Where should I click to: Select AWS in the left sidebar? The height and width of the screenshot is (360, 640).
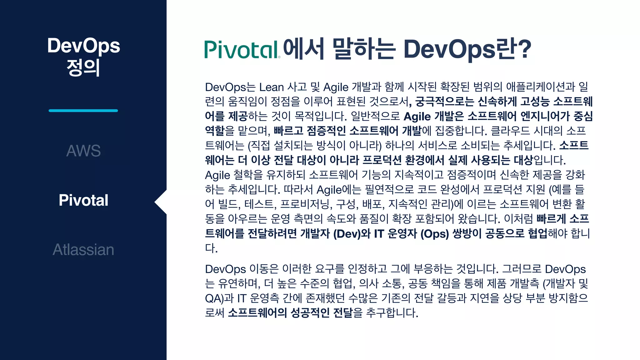pos(83,151)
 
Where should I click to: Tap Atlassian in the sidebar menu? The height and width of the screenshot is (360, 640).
pos(83,250)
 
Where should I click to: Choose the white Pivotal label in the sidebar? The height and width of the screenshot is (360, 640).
pos(83,200)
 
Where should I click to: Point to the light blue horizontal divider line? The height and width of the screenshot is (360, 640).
pos(83,111)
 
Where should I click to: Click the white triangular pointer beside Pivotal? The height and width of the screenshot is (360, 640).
pos(161,202)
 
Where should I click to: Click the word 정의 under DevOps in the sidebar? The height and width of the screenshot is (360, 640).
pos(83,67)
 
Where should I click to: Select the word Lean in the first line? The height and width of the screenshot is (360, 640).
pos(271,87)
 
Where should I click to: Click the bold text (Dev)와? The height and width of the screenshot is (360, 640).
pos(352,234)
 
